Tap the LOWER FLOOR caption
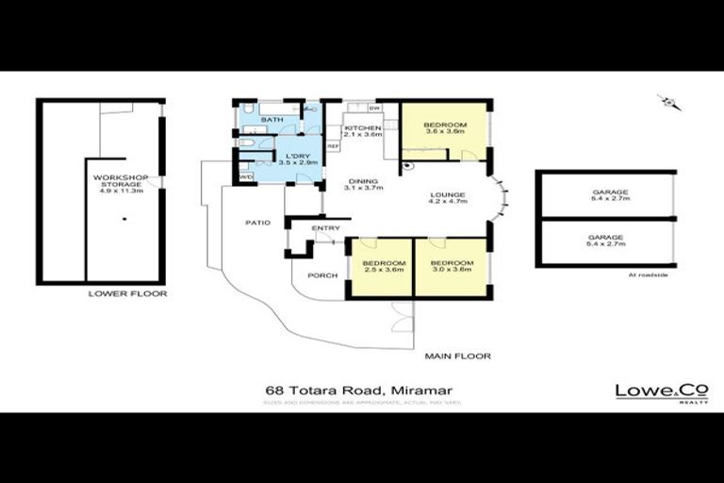click(x=127, y=293)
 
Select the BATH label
click(x=272, y=120)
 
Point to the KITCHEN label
click(x=362, y=131)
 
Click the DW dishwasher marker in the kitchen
click(x=375, y=108)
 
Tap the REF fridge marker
click(x=332, y=146)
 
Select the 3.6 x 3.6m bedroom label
click(x=444, y=130)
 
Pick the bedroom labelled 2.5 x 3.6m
click(x=384, y=266)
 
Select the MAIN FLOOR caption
click(x=457, y=356)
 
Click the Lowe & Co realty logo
click(x=649, y=392)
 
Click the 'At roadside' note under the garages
click(x=648, y=275)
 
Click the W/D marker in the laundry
click(x=246, y=176)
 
